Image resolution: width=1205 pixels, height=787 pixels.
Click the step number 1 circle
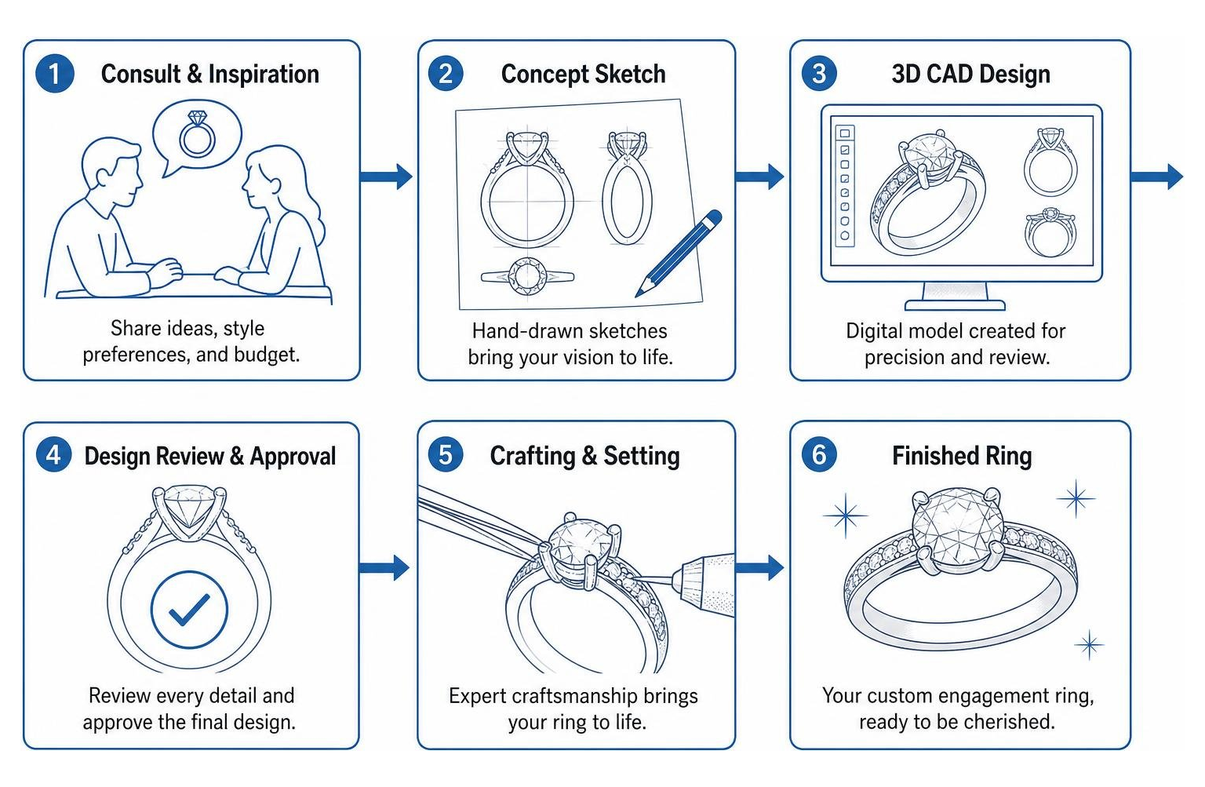coord(54,74)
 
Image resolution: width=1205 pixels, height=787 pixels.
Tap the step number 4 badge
coord(53,455)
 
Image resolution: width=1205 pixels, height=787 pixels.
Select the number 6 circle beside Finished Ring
coord(818,455)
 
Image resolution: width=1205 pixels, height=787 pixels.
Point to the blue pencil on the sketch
coord(679,253)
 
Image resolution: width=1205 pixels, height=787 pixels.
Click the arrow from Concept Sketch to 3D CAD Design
coord(759,177)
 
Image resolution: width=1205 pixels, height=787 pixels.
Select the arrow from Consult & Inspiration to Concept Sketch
coord(386,177)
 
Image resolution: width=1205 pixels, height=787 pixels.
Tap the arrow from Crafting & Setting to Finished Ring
coord(759,567)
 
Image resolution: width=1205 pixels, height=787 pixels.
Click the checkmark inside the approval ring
coord(189,610)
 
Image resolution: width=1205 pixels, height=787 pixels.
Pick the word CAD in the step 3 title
coord(939,75)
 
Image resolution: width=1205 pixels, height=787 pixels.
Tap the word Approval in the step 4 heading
coord(293,456)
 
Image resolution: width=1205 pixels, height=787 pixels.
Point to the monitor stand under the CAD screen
coord(955,297)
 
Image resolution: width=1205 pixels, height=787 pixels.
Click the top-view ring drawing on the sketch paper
coord(527,276)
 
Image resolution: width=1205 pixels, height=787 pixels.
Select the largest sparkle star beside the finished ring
coord(845,516)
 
